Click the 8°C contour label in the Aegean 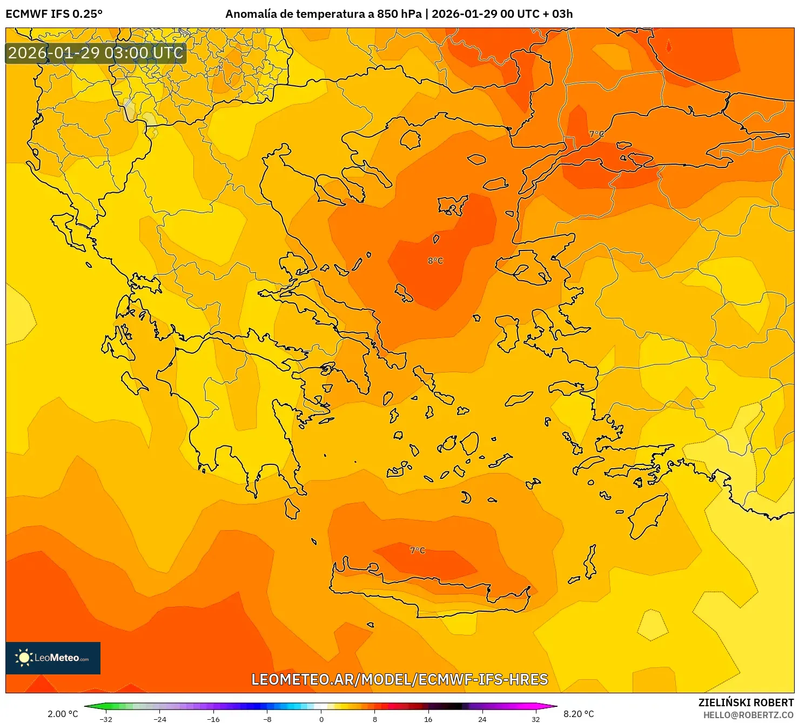[435, 261]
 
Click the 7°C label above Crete [417, 550]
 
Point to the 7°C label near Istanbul [596, 134]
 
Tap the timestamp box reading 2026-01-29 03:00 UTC [96, 53]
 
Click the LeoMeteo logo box [53, 658]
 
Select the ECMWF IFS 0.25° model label [54, 14]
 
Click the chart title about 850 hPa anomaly [399, 14]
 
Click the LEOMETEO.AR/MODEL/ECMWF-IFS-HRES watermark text [400, 679]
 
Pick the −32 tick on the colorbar [106, 719]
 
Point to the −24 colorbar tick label [160, 719]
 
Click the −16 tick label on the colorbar [213, 719]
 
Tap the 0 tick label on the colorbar [321, 719]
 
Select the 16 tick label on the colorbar [428, 719]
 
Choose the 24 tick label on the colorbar [482, 719]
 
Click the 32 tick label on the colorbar [535, 719]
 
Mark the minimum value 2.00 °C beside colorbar [63, 714]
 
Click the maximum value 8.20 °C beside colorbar [579, 714]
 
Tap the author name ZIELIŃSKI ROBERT [746, 702]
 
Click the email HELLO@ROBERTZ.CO [748, 715]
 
